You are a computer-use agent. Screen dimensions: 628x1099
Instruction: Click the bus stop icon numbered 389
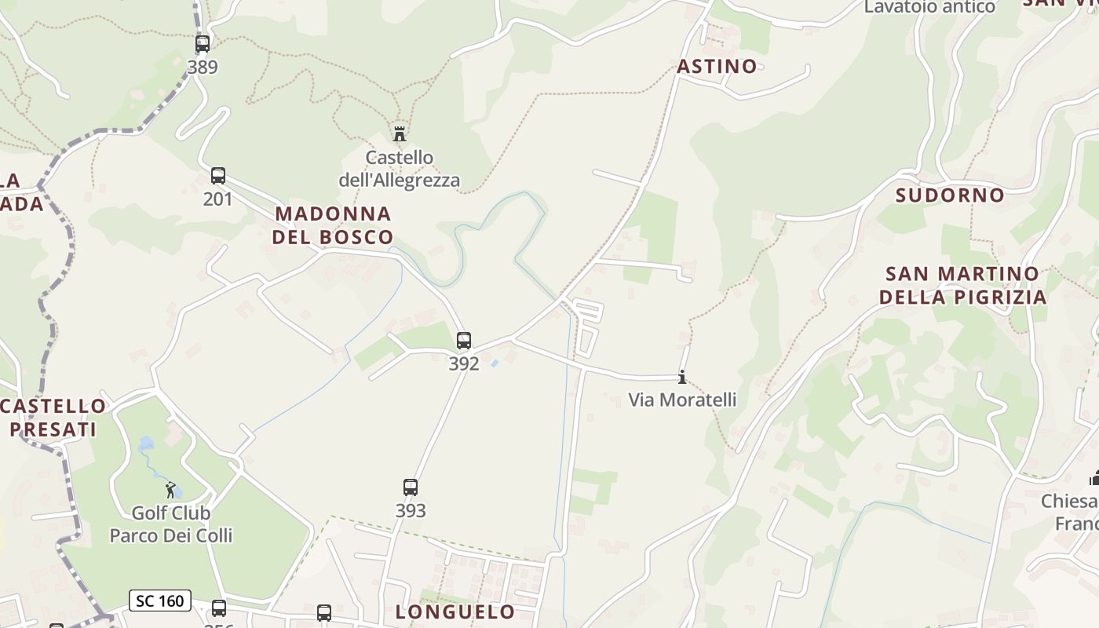[x=203, y=44]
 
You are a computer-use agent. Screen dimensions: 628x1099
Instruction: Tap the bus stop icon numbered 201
[x=218, y=176]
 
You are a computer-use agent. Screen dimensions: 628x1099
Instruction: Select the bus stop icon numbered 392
[x=464, y=341]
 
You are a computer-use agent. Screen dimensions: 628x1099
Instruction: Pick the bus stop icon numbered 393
[x=411, y=487]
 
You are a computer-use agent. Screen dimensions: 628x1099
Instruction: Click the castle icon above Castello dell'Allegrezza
[x=400, y=133]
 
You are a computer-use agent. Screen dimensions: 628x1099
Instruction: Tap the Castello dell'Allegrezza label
[x=400, y=169]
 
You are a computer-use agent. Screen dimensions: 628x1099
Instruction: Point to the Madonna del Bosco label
[x=333, y=225]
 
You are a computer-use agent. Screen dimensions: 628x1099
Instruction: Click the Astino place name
[x=717, y=67]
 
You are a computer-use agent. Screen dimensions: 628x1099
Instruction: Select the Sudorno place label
[x=950, y=195]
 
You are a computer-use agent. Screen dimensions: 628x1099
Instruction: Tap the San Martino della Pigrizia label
[x=962, y=286]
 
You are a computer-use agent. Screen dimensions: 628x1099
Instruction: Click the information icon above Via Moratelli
[x=682, y=378]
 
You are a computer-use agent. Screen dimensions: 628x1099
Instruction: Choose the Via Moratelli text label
[x=682, y=400]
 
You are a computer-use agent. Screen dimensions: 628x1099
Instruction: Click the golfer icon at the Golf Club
[x=170, y=490]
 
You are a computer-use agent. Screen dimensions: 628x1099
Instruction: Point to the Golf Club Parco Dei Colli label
[x=171, y=524]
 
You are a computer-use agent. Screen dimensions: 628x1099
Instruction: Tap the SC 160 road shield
[x=160, y=601]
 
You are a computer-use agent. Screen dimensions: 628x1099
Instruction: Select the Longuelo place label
[x=455, y=612]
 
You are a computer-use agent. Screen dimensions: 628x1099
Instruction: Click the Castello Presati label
[x=53, y=418]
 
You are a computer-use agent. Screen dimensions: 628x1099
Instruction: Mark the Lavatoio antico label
[x=929, y=7]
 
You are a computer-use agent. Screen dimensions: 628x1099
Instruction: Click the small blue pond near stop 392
[x=494, y=363]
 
